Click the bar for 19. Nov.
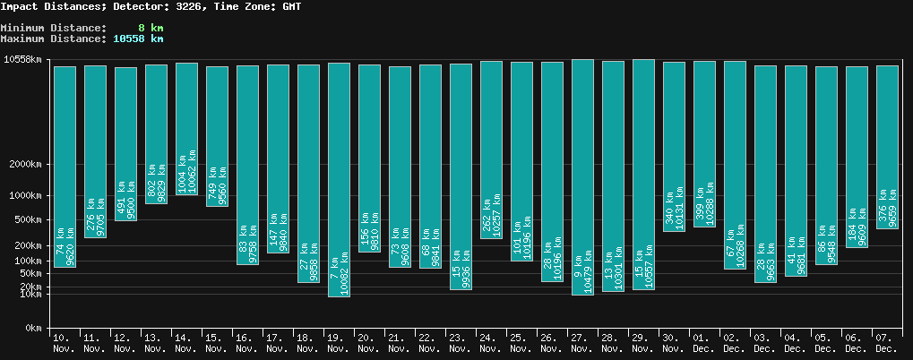pos(339,179)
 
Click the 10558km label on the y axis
pos(23,60)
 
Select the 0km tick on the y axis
pos(33,329)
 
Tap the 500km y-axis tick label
pos(28,220)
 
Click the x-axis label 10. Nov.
pos(65,343)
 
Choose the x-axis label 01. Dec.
pos(704,343)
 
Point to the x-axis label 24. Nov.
pos(491,343)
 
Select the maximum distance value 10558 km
pos(138,39)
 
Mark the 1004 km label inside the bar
pos(182,177)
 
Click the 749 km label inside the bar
pos(212,184)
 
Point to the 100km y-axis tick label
pos(28,261)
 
